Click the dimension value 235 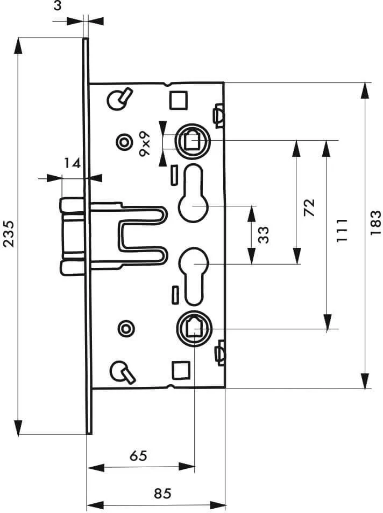pos(8,234)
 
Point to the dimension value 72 pos(309,207)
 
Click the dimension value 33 pos(263,234)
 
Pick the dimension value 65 pos(138,456)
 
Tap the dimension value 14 pos(72,163)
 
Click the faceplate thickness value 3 pos(57,5)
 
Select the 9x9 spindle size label pos(144,144)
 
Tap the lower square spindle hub pos(194,328)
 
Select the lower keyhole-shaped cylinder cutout pos(194,275)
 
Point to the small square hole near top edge pos(178,100)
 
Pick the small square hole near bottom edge pos(181,370)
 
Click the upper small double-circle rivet pos(124,142)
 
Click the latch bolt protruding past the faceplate pos(73,235)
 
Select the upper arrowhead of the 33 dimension pos(251,213)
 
